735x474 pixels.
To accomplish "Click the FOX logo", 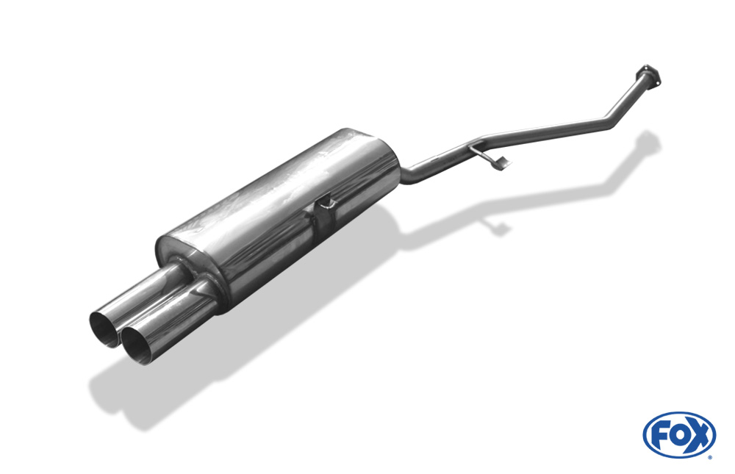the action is [679, 434].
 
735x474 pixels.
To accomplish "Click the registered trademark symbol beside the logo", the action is [710, 457].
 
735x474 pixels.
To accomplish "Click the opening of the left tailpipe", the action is [104, 329].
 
